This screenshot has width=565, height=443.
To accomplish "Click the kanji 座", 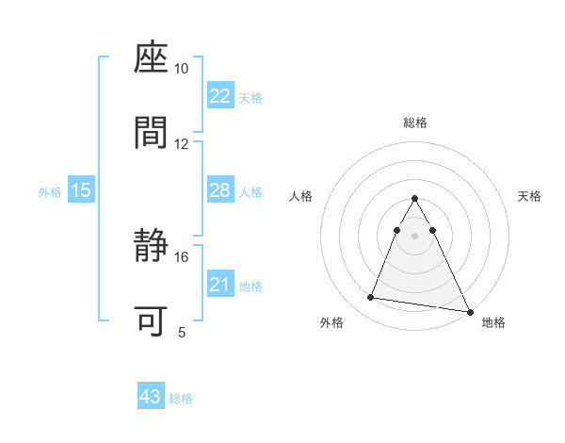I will (x=152, y=58).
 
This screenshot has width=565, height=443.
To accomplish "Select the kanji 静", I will (x=152, y=247).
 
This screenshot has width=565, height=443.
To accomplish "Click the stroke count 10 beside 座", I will (x=182, y=69).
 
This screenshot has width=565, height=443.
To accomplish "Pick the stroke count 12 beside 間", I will (x=182, y=144).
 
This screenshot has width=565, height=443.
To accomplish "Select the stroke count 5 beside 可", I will (x=182, y=332).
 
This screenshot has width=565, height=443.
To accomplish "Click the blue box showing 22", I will (x=219, y=96).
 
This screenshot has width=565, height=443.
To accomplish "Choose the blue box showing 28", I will (x=219, y=190).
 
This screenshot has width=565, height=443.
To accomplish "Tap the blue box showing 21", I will (x=219, y=285).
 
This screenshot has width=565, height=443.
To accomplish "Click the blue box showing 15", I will (x=81, y=190).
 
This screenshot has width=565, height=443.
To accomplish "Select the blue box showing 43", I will (x=151, y=397).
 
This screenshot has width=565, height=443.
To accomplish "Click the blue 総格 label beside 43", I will (x=181, y=399).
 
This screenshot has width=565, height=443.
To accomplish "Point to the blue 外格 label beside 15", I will (x=50, y=191).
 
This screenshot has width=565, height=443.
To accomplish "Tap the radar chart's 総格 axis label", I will (x=415, y=123).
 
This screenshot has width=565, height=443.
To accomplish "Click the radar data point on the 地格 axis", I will (x=468, y=311).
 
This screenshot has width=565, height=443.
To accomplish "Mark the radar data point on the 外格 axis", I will (x=371, y=298).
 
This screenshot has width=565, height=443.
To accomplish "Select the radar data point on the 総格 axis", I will (x=415, y=198).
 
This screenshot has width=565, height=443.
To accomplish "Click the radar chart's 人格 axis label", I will (x=301, y=196).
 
